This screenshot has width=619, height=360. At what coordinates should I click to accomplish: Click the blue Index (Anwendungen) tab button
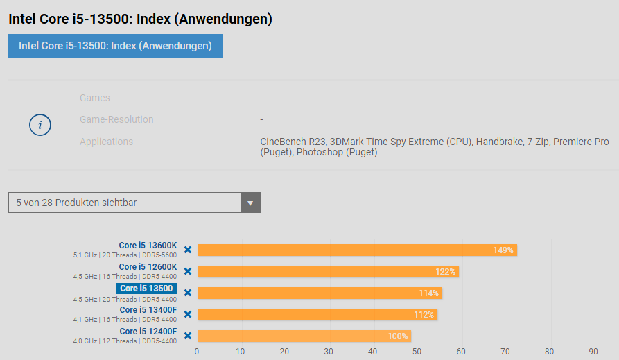[x=115, y=46]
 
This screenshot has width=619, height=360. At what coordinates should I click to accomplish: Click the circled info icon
[x=40, y=125]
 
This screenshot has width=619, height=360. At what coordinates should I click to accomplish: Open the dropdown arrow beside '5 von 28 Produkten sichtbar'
[x=250, y=203]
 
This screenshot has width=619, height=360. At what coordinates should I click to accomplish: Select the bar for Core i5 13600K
[x=347, y=250]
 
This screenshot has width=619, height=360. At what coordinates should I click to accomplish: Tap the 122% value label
[x=445, y=272]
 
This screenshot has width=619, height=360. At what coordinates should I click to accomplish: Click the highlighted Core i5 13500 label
[x=146, y=289]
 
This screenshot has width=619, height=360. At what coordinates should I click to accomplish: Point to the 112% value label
[x=424, y=315]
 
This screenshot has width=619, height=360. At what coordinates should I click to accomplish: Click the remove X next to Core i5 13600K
[x=187, y=250]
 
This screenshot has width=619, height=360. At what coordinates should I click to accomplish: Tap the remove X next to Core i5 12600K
[x=187, y=271]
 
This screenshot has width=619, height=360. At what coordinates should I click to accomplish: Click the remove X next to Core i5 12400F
[x=187, y=336]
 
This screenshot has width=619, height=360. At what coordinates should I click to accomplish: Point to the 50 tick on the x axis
[x=417, y=351]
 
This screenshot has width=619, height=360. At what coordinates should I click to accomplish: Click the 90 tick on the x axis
[x=593, y=351]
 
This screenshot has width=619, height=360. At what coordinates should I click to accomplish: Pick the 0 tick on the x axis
[x=197, y=351]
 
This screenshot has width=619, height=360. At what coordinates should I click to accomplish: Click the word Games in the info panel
[x=95, y=98]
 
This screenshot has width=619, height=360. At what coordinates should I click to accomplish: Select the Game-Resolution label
[x=116, y=119]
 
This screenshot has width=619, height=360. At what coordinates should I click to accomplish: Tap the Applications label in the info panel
[x=106, y=142]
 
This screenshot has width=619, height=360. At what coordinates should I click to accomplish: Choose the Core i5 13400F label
[x=148, y=310]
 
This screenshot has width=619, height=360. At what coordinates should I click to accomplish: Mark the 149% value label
[x=503, y=250]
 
